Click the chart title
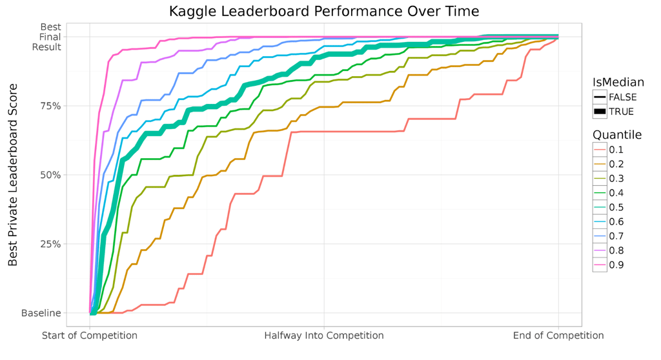pyautogui.click(x=324, y=11)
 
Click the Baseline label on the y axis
pyautogui.click(x=41, y=313)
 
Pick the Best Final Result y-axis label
pyautogui.click(x=48, y=37)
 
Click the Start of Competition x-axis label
pyautogui.click(x=90, y=335)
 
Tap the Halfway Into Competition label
pyautogui.click(x=324, y=335)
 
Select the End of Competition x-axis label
pyautogui.click(x=558, y=335)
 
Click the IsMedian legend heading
pyautogui.click(x=618, y=82)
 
